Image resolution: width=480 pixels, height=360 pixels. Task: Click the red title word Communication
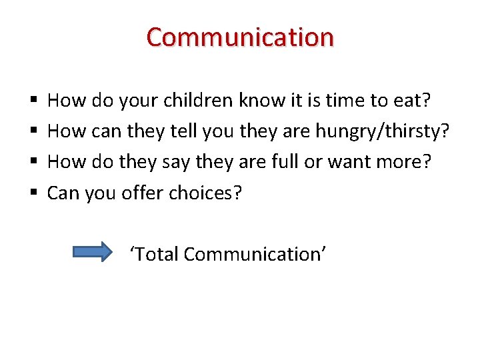240,37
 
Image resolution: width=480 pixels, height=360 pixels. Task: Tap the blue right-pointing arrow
93,253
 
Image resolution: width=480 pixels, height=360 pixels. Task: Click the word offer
143,193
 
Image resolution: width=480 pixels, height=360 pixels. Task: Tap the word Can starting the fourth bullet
63,193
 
